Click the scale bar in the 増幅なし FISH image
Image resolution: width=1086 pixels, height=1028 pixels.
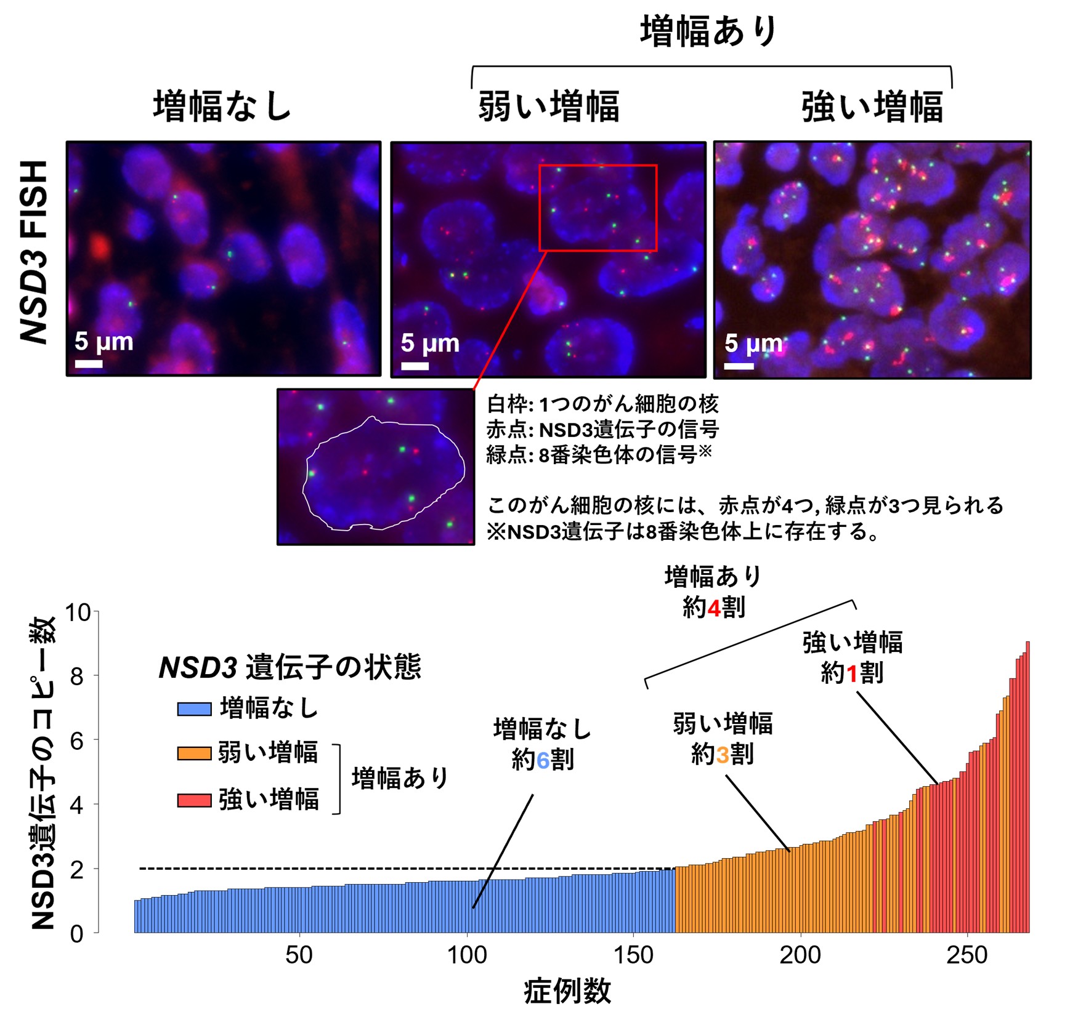tap(89, 364)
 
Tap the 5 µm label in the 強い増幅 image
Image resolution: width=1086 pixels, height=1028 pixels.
tap(753, 343)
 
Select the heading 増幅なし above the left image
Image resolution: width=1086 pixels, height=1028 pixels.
tap(222, 106)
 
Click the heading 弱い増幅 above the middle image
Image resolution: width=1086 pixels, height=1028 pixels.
tap(548, 106)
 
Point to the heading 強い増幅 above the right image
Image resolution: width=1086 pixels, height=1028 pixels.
tap(872, 106)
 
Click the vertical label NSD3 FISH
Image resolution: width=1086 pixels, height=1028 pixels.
tap(34, 252)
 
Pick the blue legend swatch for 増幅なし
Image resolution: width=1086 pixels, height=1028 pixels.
tap(194, 709)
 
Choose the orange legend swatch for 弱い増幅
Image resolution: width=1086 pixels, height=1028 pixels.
tap(194, 753)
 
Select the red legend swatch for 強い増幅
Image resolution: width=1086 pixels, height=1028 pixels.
tap(194, 800)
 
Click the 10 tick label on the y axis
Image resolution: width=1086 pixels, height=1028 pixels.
tap(78, 612)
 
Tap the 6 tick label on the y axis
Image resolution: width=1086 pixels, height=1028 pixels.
tap(76, 741)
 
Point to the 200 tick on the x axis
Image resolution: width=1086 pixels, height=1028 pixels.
tap(800, 955)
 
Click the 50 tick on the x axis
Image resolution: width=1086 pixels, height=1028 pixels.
tap(299, 955)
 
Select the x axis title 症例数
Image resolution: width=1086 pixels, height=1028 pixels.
tap(567, 992)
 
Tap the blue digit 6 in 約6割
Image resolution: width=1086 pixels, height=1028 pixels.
tap(543, 761)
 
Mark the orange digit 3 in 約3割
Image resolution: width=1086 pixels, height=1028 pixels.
tap(723, 754)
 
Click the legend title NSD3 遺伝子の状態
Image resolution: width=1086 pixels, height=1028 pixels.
tap(290, 667)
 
